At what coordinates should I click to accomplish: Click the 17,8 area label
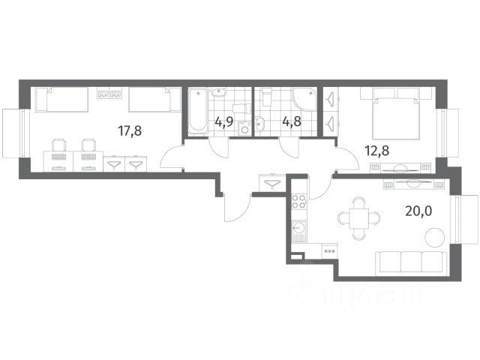tap(130, 131)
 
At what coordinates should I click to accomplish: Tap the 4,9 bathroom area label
tap(223, 121)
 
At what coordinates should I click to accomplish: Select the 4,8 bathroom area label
tap(292, 121)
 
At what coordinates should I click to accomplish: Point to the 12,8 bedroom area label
tap(376, 151)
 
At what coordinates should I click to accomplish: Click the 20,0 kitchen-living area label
tap(418, 211)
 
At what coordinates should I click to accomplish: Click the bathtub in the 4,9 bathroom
tap(198, 111)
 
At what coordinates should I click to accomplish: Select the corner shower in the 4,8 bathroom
tap(304, 99)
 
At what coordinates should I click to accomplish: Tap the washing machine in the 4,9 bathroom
tap(244, 128)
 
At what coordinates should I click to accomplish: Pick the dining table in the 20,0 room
tap(359, 218)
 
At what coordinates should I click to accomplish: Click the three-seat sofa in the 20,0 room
tap(411, 262)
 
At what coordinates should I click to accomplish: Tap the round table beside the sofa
tap(435, 237)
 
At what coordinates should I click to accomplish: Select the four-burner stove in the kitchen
tap(298, 202)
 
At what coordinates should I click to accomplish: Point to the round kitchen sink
tap(298, 226)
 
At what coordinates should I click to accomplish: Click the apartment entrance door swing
tap(237, 208)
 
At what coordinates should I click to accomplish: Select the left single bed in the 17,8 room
tap(62, 100)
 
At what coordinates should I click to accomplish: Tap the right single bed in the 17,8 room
tap(155, 100)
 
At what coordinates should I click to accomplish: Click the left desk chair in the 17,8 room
tap(58, 145)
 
